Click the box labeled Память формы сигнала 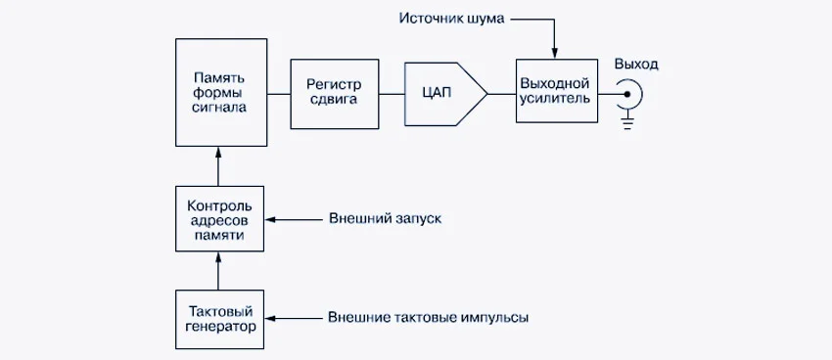click(x=220, y=92)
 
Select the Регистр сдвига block click(x=334, y=92)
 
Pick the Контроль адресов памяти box click(x=219, y=219)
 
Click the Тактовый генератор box click(x=219, y=319)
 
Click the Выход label click(x=636, y=65)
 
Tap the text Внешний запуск click(x=385, y=219)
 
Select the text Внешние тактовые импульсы click(x=432, y=319)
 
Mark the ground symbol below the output click(x=629, y=121)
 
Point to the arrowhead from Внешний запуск click(x=272, y=219)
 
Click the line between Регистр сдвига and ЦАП click(x=392, y=93)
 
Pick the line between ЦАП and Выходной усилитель click(x=501, y=93)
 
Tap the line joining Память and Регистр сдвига click(x=279, y=93)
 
